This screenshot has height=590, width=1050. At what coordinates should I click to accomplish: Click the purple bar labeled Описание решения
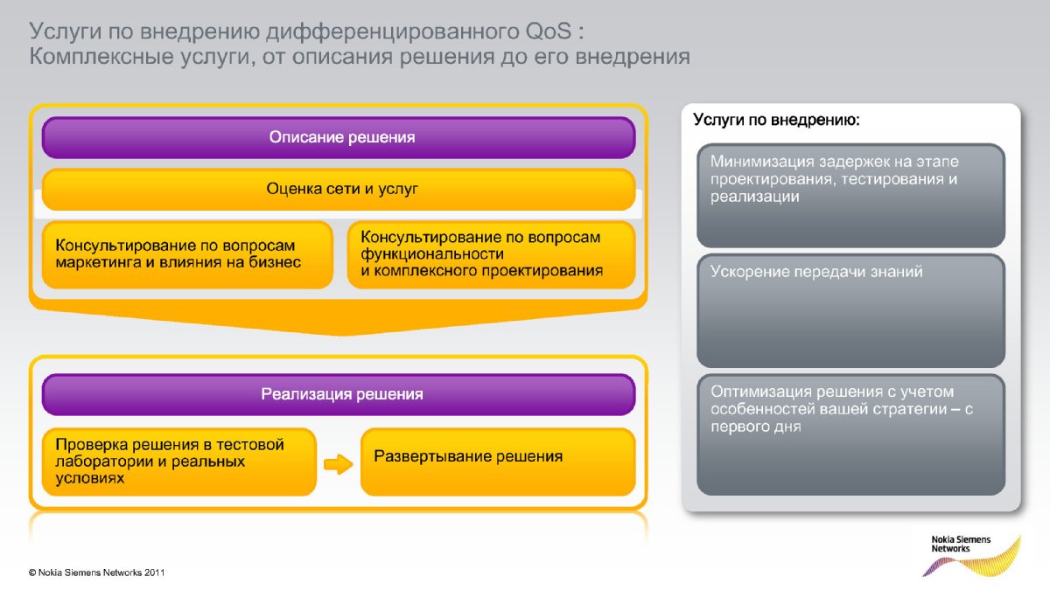pos(339,137)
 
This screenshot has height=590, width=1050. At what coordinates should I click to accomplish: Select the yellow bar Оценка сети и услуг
pos(339,189)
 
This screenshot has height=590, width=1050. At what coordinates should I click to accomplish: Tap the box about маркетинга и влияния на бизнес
pos(187,254)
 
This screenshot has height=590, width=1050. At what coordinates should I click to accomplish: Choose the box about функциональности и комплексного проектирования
pos(491,254)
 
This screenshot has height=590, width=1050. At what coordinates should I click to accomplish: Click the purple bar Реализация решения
pos(339,394)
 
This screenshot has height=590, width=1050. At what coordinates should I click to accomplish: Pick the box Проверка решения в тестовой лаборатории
pos(179,462)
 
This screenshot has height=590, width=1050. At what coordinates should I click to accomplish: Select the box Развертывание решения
pos(498,462)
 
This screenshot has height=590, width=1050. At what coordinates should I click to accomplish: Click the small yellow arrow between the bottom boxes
pos(338,464)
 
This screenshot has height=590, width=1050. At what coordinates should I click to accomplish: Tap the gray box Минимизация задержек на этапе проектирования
pos(850,195)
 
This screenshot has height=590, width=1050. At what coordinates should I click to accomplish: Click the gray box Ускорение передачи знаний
pos(850,310)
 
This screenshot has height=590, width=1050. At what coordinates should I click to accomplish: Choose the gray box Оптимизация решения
pos(850,434)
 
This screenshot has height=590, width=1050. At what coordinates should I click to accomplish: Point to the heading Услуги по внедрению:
pos(776,120)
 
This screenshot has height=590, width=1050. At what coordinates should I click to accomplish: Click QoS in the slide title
pos(549,31)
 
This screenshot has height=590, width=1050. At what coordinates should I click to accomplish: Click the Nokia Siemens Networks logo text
pos(961,544)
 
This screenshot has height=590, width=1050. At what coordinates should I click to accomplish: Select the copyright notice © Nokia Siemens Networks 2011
pos(96,573)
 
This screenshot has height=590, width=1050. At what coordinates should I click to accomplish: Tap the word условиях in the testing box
pos(89,478)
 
